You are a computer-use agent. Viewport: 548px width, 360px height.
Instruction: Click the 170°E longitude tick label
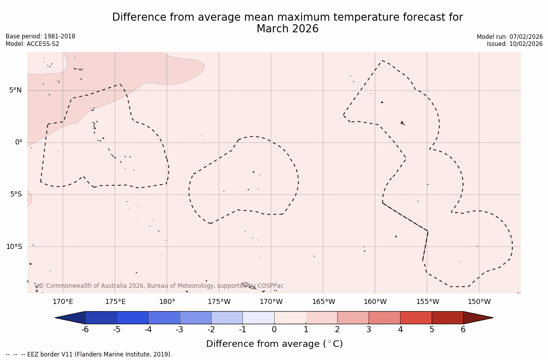pyautogui.click(x=63, y=302)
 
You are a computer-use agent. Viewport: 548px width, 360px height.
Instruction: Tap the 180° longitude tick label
pyautogui.click(x=167, y=302)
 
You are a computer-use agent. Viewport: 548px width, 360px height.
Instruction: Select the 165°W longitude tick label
pyautogui.click(x=323, y=302)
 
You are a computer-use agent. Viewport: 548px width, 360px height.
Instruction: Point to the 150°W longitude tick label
pyautogui.click(x=479, y=302)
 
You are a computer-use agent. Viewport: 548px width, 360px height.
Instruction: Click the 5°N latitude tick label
pyautogui.click(x=15, y=90)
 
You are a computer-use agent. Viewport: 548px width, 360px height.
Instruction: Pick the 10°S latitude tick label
pyautogui.click(x=14, y=246)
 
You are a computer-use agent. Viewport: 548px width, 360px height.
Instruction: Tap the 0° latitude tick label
pyautogui.click(x=19, y=142)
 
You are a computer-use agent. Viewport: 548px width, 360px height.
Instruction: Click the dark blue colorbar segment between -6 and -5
pyautogui.click(x=101, y=318)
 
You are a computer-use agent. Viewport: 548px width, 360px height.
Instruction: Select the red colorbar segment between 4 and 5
pyautogui.click(x=416, y=318)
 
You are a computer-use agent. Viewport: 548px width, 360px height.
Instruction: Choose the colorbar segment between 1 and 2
pyautogui.click(x=321, y=318)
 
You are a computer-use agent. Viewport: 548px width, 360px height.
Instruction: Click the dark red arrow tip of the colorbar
pyautogui.click(x=477, y=318)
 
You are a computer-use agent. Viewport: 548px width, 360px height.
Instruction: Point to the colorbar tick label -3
pyautogui.click(x=179, y=330)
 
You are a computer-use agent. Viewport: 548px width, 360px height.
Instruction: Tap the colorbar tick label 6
pyautogui.click(x=463, y=330)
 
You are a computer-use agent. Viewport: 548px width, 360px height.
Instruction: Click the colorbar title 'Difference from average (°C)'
pyautogui.click(x=274, y=344)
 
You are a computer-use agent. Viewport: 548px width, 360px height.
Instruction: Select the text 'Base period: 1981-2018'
pyautogui.click(x=40, y=36)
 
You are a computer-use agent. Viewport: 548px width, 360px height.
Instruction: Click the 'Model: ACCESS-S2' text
pyautogui.click(x=32, y=44)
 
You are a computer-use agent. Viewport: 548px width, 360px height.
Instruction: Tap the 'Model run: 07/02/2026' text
pyautogui.click(x=510, y=37)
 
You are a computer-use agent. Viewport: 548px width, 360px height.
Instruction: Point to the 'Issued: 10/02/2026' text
pyautogui.click(x=515, y=44)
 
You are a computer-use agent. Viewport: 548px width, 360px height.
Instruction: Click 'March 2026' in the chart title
pyautogui.click(x=287, y=29)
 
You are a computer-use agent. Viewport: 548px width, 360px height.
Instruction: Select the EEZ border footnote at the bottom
pyautogui.click(x=89, y=354)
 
